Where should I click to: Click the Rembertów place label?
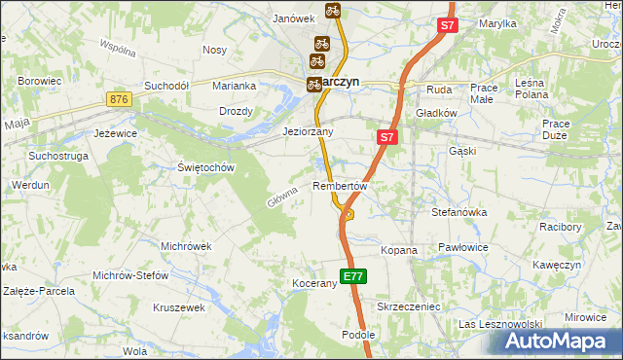pyautogui.click(x=340, y=185)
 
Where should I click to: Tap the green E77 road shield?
pyautogui.click(x=353, y=276)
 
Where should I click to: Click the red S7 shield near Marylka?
pyautogui.click(x=447, y=27)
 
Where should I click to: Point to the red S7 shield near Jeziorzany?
pyautogui.click(x=386, y=138)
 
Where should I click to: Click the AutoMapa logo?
pyautogui.click(x=560, y=342)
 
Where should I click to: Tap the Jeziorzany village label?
pyautogui.click(x=308, y=131)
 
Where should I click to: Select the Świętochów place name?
pyautogui.click(x=207, y=167)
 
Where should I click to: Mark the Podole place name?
pyautogui.click(x=358, y=334)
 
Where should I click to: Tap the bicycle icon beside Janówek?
pyautogui.click(x=333, y=11)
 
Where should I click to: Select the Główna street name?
pyautogui.click(x=281, y=198)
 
